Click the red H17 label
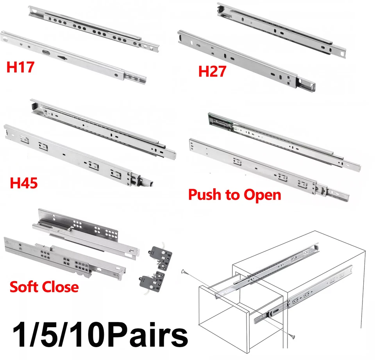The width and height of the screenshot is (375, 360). (20, 67)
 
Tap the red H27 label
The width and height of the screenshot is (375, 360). (212, 72)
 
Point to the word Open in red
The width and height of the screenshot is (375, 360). (262, 194)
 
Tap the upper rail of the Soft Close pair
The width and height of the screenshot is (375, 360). (90, 230)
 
